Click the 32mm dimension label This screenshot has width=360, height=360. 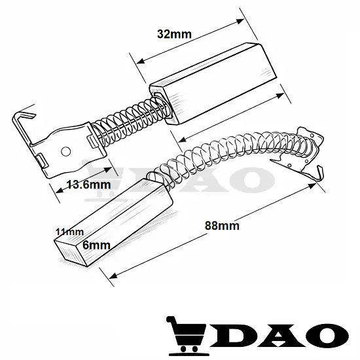pyautogui.click(x=174, y=34)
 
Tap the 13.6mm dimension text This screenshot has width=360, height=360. pyautogui.click(x=89, y=185)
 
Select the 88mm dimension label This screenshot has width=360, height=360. pyautogui.click(x=222, y=226)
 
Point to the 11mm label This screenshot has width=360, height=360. pyautogui.click(x=70, y=232)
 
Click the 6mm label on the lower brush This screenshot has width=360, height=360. pyautogui.click(x=96, y=245)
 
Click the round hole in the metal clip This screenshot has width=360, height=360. pyautogui.click(x=66, y=151)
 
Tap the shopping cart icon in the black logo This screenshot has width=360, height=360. pyautogui.click(x=186, y=336)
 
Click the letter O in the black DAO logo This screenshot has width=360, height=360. pyautogui.click(x=328, y=335)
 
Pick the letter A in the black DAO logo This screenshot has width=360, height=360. pyautogui.click(x=281, y=335)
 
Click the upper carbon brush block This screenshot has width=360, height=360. pyautogui.click(x=213, y=84)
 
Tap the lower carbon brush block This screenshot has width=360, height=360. pyautogui.click(x=114, y=222)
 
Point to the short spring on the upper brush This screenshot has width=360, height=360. pyautogui.click(x=130, y=121)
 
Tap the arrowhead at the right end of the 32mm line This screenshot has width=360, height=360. pyautogui.click(x=240, y=22)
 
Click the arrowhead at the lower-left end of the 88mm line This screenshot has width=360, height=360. pyautogui.click(x=113, y=276)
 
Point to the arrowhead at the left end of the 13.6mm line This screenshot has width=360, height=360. pyautogui.click(x=60, y=190)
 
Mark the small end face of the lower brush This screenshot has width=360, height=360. pyautogui.click(x=70, y=253)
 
